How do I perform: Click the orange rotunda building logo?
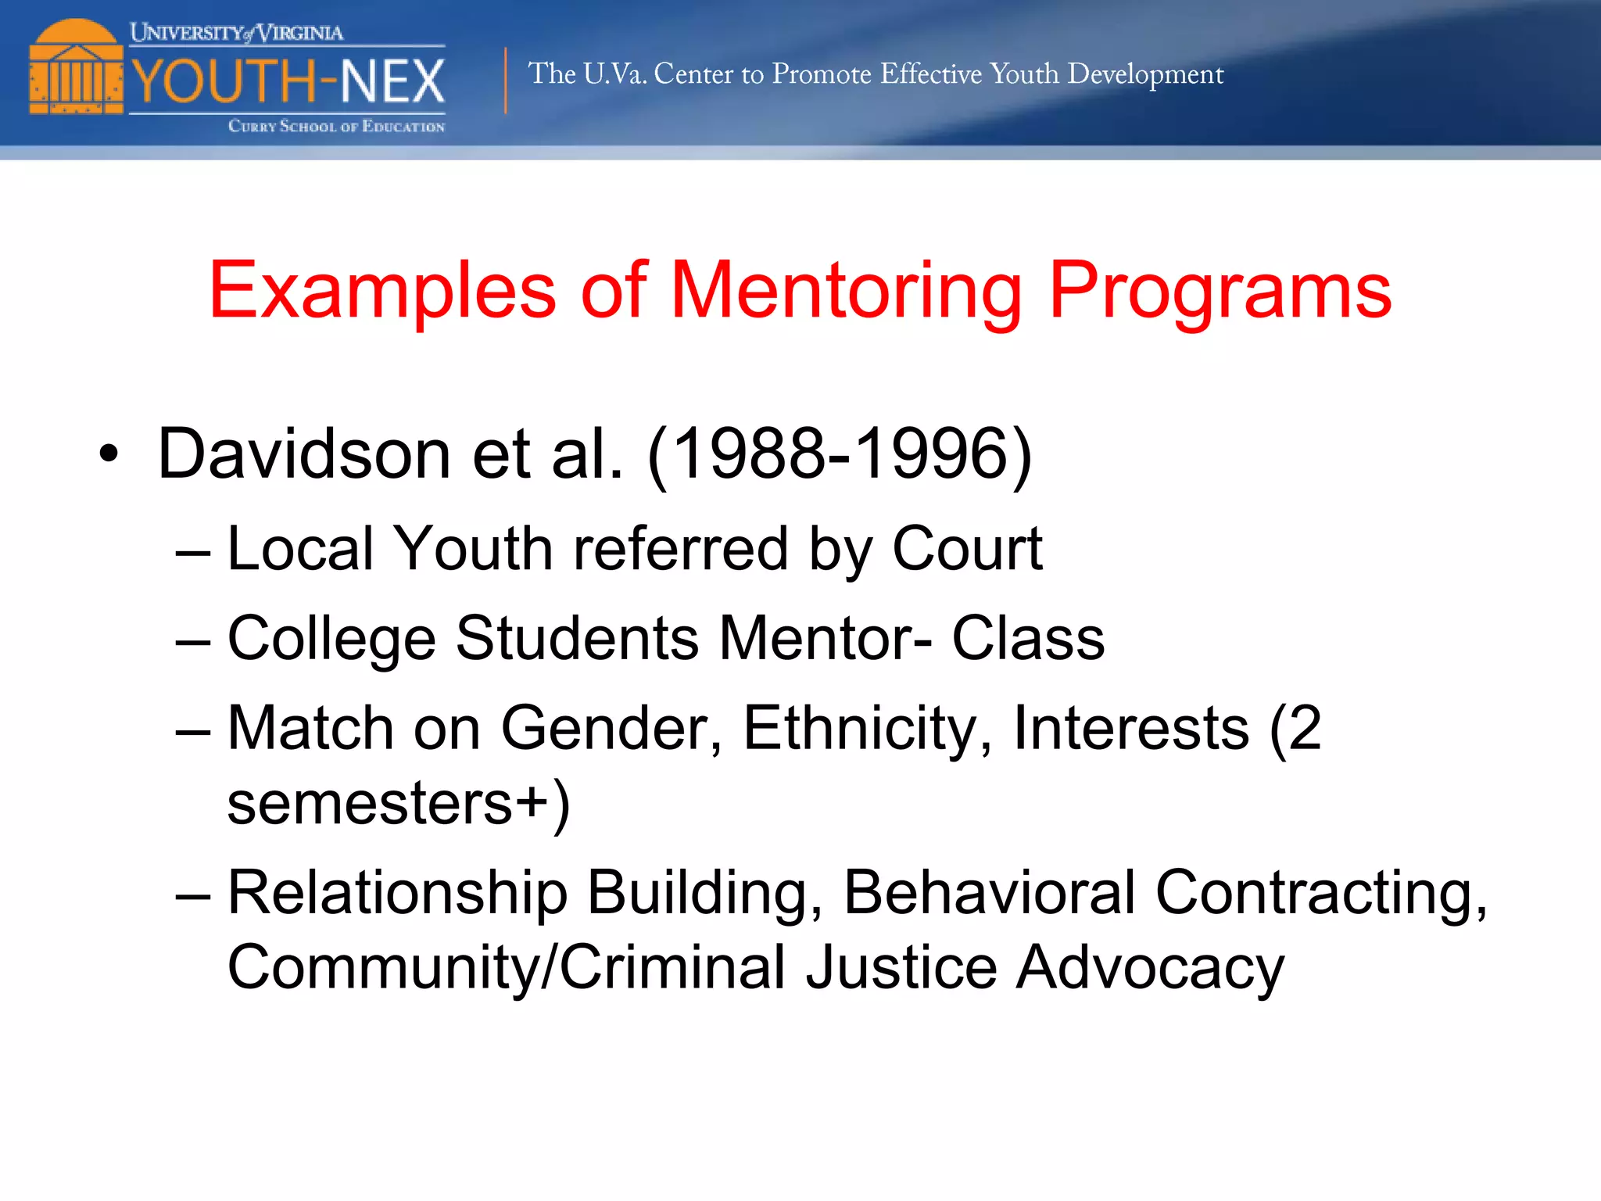point(76,69)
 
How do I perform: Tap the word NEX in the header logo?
point(392,81)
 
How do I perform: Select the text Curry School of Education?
point(336,127)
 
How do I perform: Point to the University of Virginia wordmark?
point(236,33)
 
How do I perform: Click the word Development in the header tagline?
point(1145,74)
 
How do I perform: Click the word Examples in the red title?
point(382,291)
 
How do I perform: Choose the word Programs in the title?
point(1220,291)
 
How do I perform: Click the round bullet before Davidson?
point(109,454)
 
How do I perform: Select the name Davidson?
point(304,454)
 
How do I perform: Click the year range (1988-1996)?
point(840,454)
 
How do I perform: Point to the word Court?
point(967,549)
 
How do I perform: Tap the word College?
point(331,639)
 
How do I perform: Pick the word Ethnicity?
point(867,729)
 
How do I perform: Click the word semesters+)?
point(399,804)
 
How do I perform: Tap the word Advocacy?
point(1150,968)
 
